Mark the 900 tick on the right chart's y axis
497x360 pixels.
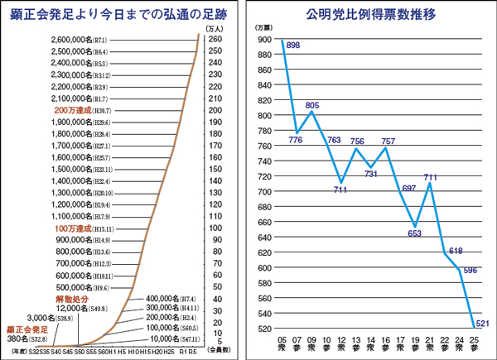(264, 40)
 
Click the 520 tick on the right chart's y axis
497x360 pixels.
(264, 329)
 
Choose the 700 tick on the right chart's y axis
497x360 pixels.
(264, 192)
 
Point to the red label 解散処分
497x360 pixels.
(71, 298)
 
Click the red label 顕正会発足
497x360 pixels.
(27, 329)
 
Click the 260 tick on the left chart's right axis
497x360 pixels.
(214, 40)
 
